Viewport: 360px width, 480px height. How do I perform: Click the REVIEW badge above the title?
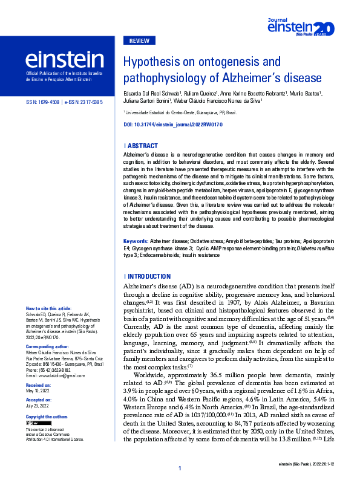(140, 41)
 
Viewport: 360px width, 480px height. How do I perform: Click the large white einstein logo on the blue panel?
(64, 59)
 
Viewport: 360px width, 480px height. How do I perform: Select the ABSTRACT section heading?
(143, 146)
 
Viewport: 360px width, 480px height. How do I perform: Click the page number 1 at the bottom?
(180, 469)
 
